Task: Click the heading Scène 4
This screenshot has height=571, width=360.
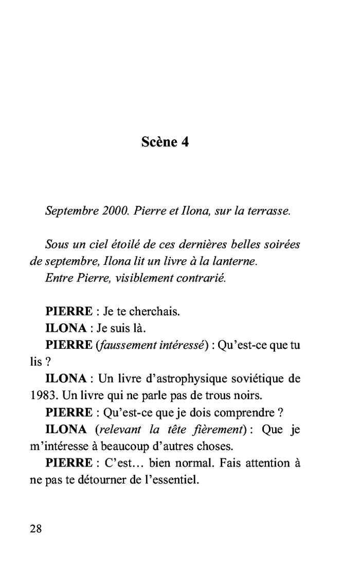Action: click(165, 142)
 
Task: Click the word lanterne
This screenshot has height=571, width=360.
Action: click(235, 261)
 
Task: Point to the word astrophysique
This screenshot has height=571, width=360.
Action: click(180, 379)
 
